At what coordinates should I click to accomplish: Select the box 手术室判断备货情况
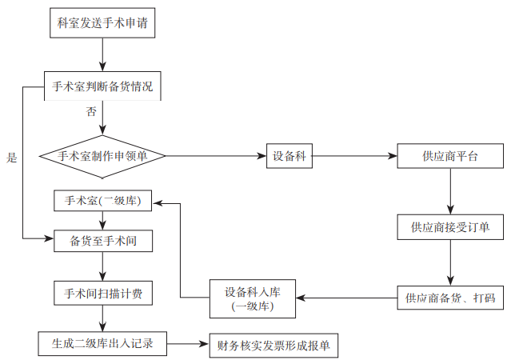pos(102,86)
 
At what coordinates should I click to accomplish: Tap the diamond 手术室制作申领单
pos(102,156)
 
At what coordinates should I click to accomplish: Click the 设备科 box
pos(288,156)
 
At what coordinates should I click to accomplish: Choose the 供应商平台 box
pos(450,156)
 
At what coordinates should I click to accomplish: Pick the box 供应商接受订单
pos(450,227)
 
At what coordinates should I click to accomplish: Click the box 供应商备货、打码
pos(450,299)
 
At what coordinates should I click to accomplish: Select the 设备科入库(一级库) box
pos(252,298)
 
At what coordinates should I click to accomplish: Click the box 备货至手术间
pos(102,240)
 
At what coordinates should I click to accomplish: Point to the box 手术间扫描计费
pos(102,294)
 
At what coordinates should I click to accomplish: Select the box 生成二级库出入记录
pos(102,344)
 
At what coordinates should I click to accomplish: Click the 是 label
pos(11,158)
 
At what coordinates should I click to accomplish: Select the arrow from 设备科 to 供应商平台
pos(353,156)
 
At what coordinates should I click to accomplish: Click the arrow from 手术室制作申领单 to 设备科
pos(215,156)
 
